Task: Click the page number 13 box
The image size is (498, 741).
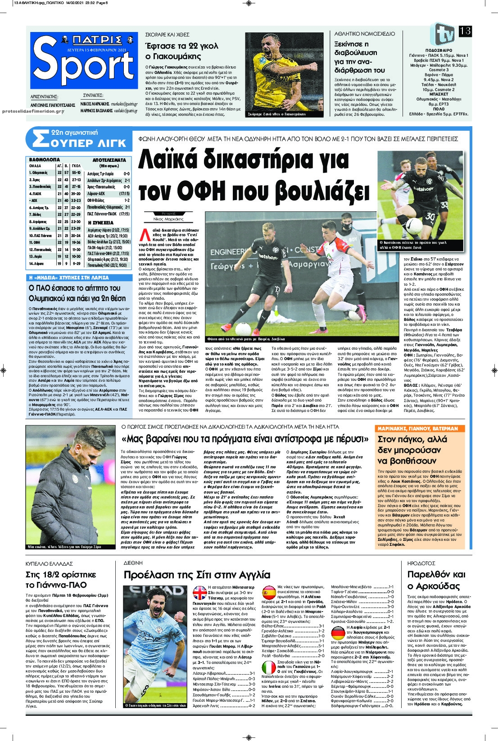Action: [465, 31]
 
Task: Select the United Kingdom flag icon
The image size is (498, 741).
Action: [199, 592]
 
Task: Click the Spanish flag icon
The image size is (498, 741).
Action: [269, 591]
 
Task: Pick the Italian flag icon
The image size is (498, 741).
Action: [269, 668]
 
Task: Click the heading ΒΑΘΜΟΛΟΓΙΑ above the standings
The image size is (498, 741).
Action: [45, 160]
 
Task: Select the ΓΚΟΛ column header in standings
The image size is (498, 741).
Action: [76, 165]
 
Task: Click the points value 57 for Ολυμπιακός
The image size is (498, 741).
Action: [66, 173]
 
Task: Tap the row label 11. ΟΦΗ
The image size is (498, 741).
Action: [35, 242]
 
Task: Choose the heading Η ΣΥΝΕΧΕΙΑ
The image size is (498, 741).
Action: [101, 223]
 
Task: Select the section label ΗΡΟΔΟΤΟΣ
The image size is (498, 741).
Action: [421, 563]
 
